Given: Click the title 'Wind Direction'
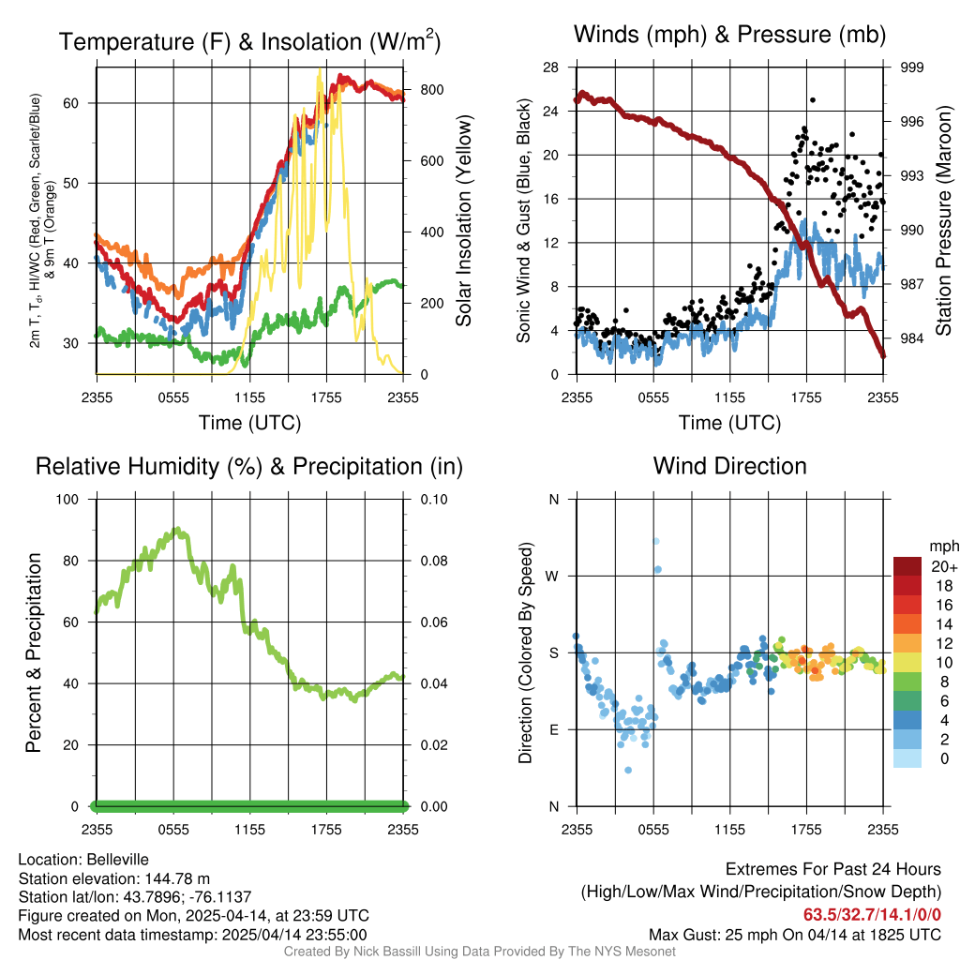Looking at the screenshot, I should point(729,466).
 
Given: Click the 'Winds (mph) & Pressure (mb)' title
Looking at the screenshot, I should point(729,36).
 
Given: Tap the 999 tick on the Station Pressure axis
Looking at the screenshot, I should point(912,67).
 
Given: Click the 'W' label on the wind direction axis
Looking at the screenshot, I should point(553,576).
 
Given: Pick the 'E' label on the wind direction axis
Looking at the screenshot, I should point(553,729).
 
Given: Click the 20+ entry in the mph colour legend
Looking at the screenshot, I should point(943,567).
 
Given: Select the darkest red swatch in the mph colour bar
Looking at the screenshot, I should point(907,566).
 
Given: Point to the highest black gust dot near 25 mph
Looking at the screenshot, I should point(813,100).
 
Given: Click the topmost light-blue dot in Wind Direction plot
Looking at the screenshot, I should point(656,541).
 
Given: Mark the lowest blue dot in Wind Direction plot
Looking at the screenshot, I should point(628,770).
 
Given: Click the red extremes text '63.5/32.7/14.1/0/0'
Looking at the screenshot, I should point(872,915).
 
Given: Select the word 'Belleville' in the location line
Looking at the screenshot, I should point(117,859).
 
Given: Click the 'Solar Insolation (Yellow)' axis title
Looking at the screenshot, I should point(464,220).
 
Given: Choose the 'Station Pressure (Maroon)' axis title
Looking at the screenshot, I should point(944,220).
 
